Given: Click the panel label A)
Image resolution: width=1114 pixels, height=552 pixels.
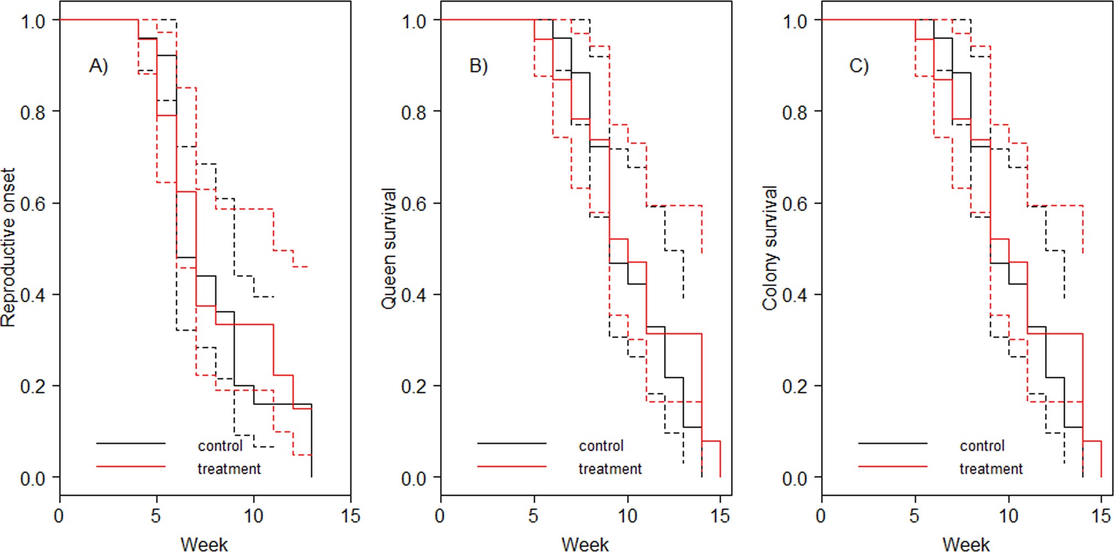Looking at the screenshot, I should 98,66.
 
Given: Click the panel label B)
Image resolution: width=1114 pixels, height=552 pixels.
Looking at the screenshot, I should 478,66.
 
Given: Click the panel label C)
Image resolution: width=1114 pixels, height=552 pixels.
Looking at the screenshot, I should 859,66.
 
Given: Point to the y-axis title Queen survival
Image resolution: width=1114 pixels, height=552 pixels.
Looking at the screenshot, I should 389,248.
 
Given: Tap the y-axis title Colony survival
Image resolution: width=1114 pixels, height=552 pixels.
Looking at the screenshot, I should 770,248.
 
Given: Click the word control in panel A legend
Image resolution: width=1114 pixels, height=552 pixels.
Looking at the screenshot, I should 220,446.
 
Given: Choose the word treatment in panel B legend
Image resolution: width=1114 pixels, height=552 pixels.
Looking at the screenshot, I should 610,469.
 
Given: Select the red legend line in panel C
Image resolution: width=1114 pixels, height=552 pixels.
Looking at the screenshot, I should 892,467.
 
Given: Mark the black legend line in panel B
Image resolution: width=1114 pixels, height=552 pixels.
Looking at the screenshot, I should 512,443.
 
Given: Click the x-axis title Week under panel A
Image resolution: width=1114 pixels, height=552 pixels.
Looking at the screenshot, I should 204,544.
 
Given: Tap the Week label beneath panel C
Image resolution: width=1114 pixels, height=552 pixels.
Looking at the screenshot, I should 965,544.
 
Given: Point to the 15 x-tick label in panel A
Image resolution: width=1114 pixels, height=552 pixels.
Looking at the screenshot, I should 350,517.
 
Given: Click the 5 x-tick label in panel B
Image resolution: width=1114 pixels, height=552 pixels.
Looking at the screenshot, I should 533,517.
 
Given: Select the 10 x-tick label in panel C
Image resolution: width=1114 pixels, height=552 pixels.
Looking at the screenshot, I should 1008,517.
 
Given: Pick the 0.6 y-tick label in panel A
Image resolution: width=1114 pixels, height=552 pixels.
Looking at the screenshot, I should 33,203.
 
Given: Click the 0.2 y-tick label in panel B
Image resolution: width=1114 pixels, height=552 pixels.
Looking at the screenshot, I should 413,386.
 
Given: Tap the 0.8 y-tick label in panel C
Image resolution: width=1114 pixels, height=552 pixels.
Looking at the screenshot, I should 794,112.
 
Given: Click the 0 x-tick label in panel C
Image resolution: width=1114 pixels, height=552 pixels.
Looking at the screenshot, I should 821,517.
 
